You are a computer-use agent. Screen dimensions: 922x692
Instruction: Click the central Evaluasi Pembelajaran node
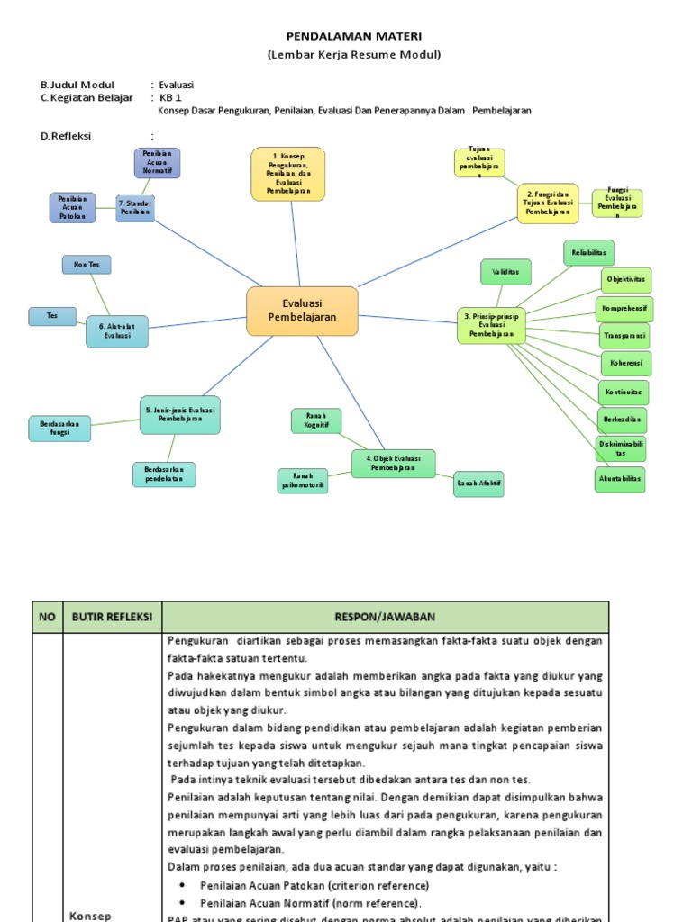(302, 311)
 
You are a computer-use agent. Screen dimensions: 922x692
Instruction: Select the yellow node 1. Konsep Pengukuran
(287, 174)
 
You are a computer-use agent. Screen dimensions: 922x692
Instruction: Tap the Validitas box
(505, 272)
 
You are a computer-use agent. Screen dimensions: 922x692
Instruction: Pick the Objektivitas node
(626, 280)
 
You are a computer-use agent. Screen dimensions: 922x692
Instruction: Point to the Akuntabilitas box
(620, 480)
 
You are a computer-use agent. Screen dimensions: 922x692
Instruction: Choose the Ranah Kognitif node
(316, 420)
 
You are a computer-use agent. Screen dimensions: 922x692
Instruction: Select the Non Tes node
(86, 265)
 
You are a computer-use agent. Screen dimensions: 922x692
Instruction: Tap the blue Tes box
(52, 316)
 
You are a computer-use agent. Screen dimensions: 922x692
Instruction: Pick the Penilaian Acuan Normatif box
(158, 163)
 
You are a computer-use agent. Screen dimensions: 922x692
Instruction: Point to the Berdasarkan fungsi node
(60, 429)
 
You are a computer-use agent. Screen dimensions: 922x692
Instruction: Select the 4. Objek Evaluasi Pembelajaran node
(393, 463)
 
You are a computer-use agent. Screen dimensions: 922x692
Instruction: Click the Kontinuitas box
(624, 393)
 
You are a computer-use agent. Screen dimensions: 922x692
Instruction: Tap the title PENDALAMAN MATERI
(353, 36)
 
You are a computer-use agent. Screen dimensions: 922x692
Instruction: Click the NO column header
(47, 617)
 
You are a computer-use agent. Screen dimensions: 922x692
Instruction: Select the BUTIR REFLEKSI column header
(113, 617)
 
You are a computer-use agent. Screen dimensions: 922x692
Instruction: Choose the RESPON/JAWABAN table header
(385, 617)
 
